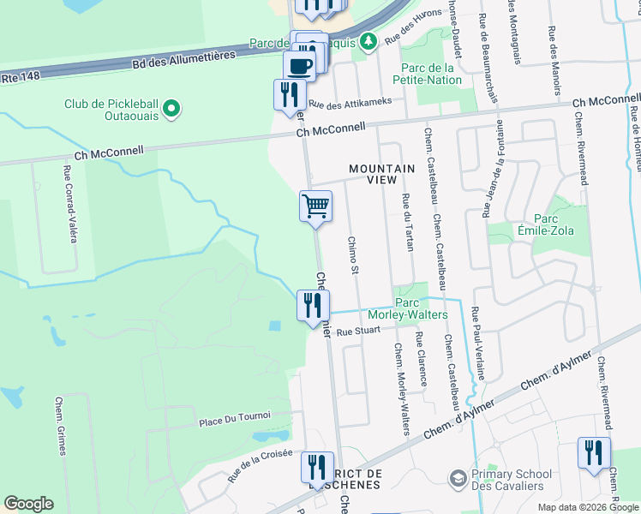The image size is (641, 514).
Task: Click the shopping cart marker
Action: tap(315, 206)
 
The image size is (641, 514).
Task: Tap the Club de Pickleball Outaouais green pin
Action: tap(171, 109)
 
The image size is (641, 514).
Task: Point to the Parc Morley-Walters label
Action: tap(421, 308)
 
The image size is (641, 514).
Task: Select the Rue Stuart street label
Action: tap(358, 331)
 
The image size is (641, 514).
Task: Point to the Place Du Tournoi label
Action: tap(234, 416)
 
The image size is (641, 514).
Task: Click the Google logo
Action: tap(28, 504)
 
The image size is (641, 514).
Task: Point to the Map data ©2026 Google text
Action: tap(587, 507)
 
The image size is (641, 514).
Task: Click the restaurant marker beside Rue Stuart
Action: tap(313, 306)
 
